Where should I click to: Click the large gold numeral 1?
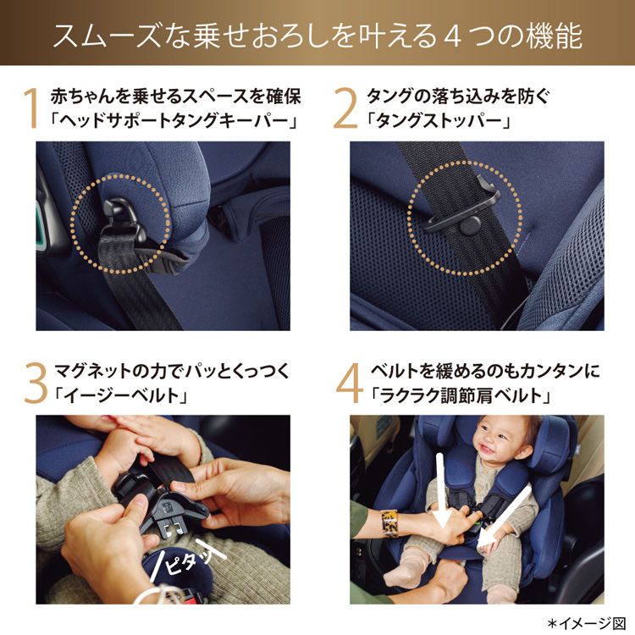click(x=31, y=108)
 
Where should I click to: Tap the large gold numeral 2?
click(x=345, y=108)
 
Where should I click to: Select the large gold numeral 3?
click(x=36, y=383)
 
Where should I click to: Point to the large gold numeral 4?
click(x=349, y=383)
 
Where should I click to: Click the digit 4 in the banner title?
click(x=453, y=37)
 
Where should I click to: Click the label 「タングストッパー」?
click(x=438, y=120)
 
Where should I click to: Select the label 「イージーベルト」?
click(x=121, y=395)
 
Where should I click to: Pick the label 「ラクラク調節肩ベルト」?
click(x=460, y=395)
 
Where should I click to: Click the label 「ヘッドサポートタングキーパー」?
click(x=174, y=120)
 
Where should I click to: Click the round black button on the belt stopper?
click(x=470, y=225)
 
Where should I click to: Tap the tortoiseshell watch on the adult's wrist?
click(x=389, y=524)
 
